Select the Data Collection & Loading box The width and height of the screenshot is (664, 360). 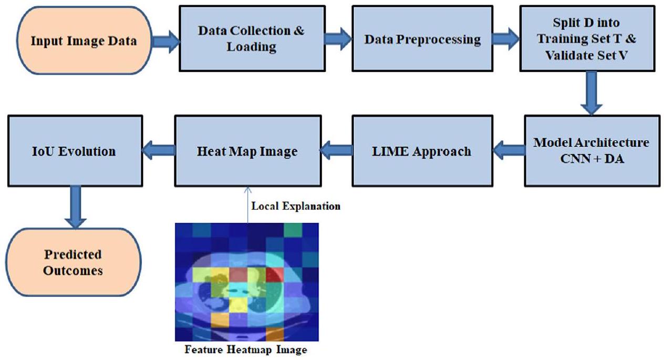click(251, 38)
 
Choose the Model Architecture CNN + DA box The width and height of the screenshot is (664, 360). click(590, 150)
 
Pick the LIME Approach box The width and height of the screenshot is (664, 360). click(422, 151)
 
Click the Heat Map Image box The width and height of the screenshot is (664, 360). click(247, 151)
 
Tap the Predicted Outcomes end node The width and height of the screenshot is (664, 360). click(73, 262)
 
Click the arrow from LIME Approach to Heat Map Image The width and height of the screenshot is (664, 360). click(336, 151)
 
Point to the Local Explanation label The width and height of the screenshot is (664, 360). click(296, 206)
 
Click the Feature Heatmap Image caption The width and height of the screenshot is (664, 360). click(245, 349)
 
